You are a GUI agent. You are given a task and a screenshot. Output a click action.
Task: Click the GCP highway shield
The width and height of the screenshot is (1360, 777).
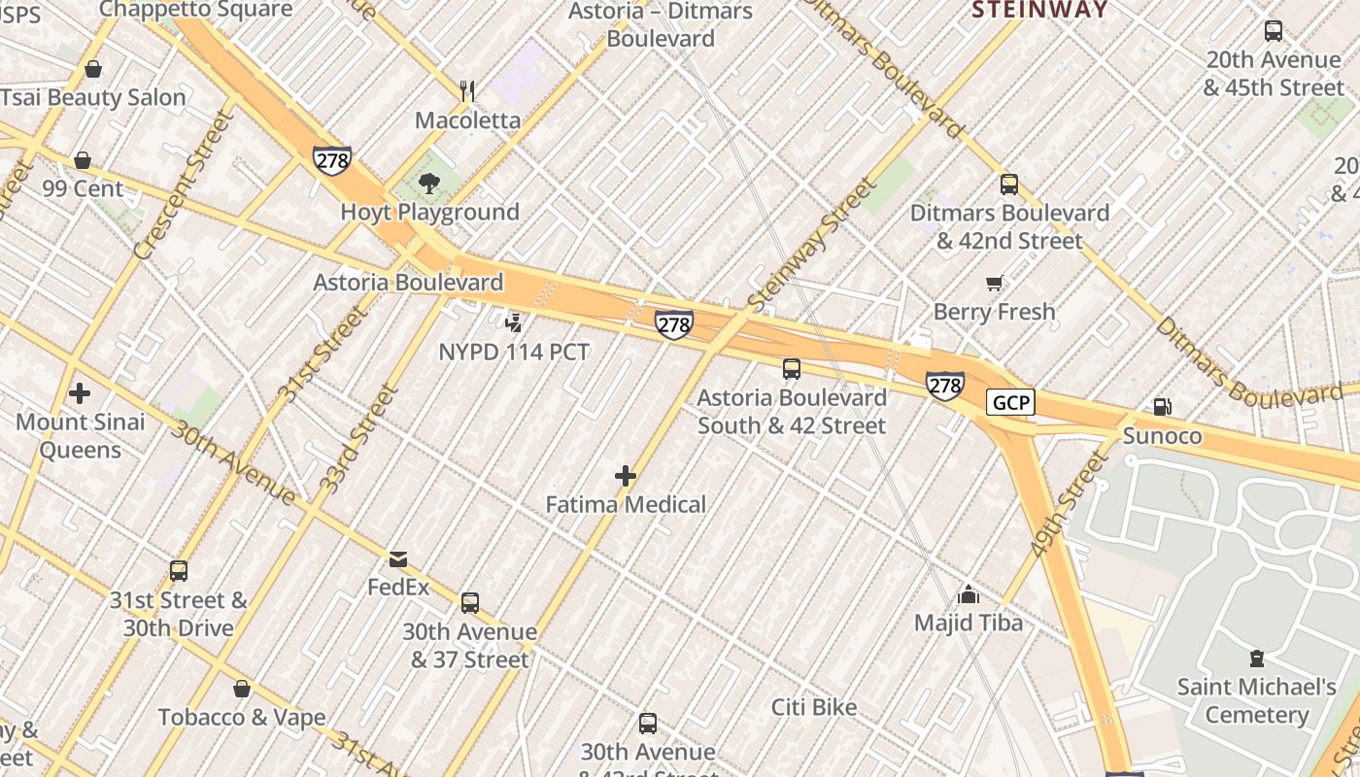(x=1010, y=402)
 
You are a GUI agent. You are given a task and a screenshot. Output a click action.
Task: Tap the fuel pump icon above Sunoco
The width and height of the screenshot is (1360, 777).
(x=1162, y=407)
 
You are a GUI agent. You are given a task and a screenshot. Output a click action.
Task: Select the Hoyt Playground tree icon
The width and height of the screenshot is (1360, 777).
(x=428, y=184)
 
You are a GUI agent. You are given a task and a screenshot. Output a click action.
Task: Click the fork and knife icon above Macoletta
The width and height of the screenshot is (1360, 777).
(x=468, y=92)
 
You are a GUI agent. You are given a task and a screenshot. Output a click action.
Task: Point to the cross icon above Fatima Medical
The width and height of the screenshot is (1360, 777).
(x=626, y=476)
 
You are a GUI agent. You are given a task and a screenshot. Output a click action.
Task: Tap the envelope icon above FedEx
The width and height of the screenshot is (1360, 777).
(x=398, y=559)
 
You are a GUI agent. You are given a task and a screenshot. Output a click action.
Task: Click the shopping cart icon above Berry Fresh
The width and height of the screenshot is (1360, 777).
(x=994, y=284)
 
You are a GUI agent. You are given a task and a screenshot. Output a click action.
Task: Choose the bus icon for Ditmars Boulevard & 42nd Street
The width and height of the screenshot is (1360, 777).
(x=1009, y=185)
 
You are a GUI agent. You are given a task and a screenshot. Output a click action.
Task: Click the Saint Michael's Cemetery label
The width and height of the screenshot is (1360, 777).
(x=1257, y=700)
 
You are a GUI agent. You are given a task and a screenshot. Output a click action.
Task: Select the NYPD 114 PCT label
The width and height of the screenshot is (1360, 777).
(x=514, y=352)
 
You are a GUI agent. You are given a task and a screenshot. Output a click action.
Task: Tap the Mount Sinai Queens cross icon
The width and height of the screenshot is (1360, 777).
(x=80, y=393)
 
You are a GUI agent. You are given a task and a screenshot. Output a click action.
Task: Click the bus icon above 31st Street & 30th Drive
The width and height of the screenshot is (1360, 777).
(x=179, y=571)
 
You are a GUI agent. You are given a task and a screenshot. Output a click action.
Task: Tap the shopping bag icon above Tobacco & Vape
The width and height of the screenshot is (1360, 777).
(x=242, y=689)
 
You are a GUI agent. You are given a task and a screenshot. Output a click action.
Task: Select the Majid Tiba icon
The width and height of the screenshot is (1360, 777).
(x=968, y=594)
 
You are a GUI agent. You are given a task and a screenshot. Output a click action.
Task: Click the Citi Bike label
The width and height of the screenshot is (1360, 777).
(x=814, y=707)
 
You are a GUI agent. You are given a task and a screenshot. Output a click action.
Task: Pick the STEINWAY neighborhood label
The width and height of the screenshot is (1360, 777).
(x=1040, y=10)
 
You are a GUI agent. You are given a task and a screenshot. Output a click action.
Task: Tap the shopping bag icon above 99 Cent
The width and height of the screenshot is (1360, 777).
(x=83, y=160)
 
